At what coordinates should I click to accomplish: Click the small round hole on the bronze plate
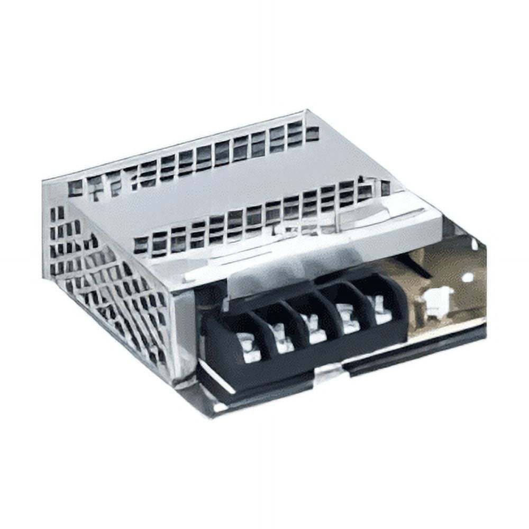pos(467,277)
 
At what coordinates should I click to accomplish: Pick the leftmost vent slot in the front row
pos(141,245)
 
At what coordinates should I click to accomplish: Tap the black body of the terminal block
pos(296,365)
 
